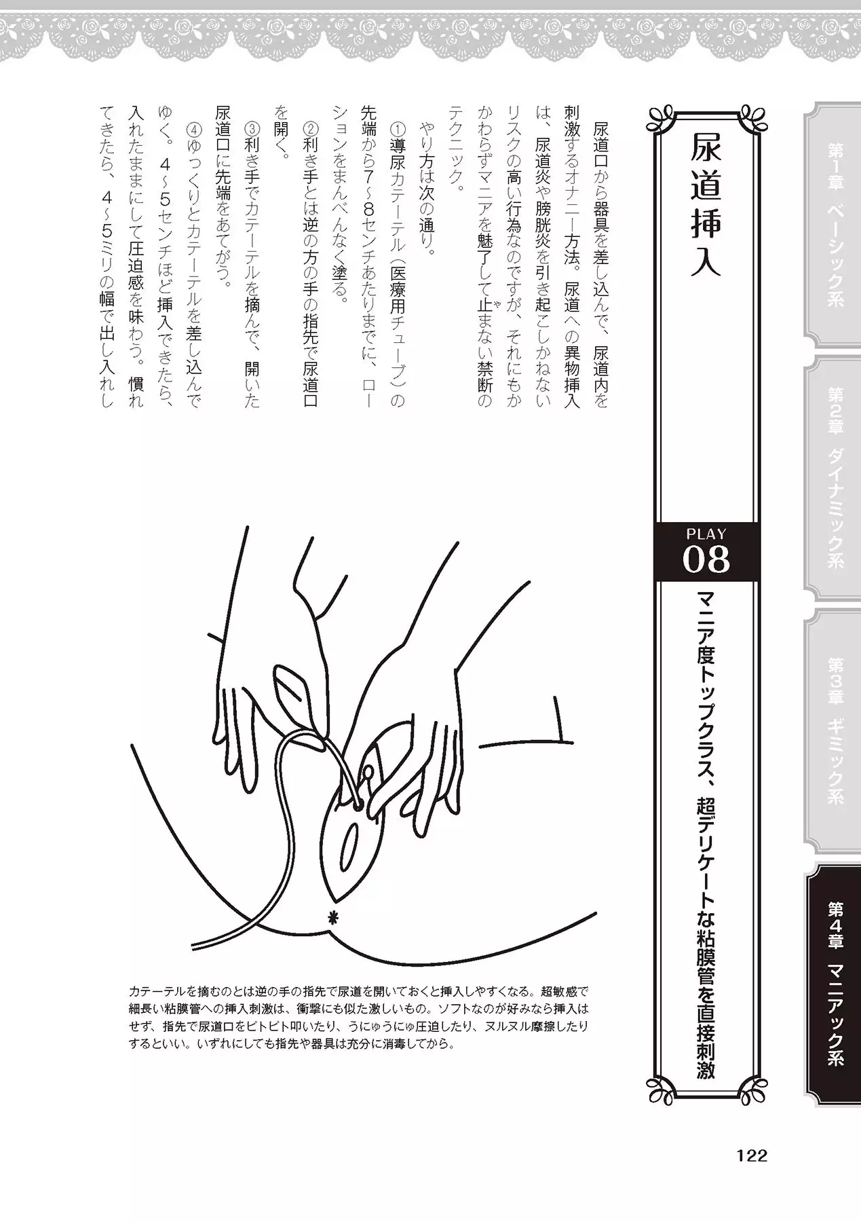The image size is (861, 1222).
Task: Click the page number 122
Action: pyautogui.click(x=751, y=1156)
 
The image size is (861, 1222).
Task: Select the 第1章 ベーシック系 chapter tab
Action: pyautogui.click(x=833, y=225)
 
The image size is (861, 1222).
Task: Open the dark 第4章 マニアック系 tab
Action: pyautogui.click(x=833, y=984)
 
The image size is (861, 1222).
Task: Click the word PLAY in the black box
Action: pyautogui.click(x=706, y=534)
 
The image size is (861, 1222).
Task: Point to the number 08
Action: pyautogui.click(x=706, y=560)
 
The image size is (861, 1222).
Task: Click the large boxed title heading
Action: pyautogui.click(x=706, y=204)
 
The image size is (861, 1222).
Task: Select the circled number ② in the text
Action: pyautogui.click(x=310, y=128)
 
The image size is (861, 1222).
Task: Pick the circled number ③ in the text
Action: pyautogui.click(x=252, y=128)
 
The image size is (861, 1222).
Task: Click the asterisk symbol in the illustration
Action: pyautogui.click(x=332, y=917)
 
